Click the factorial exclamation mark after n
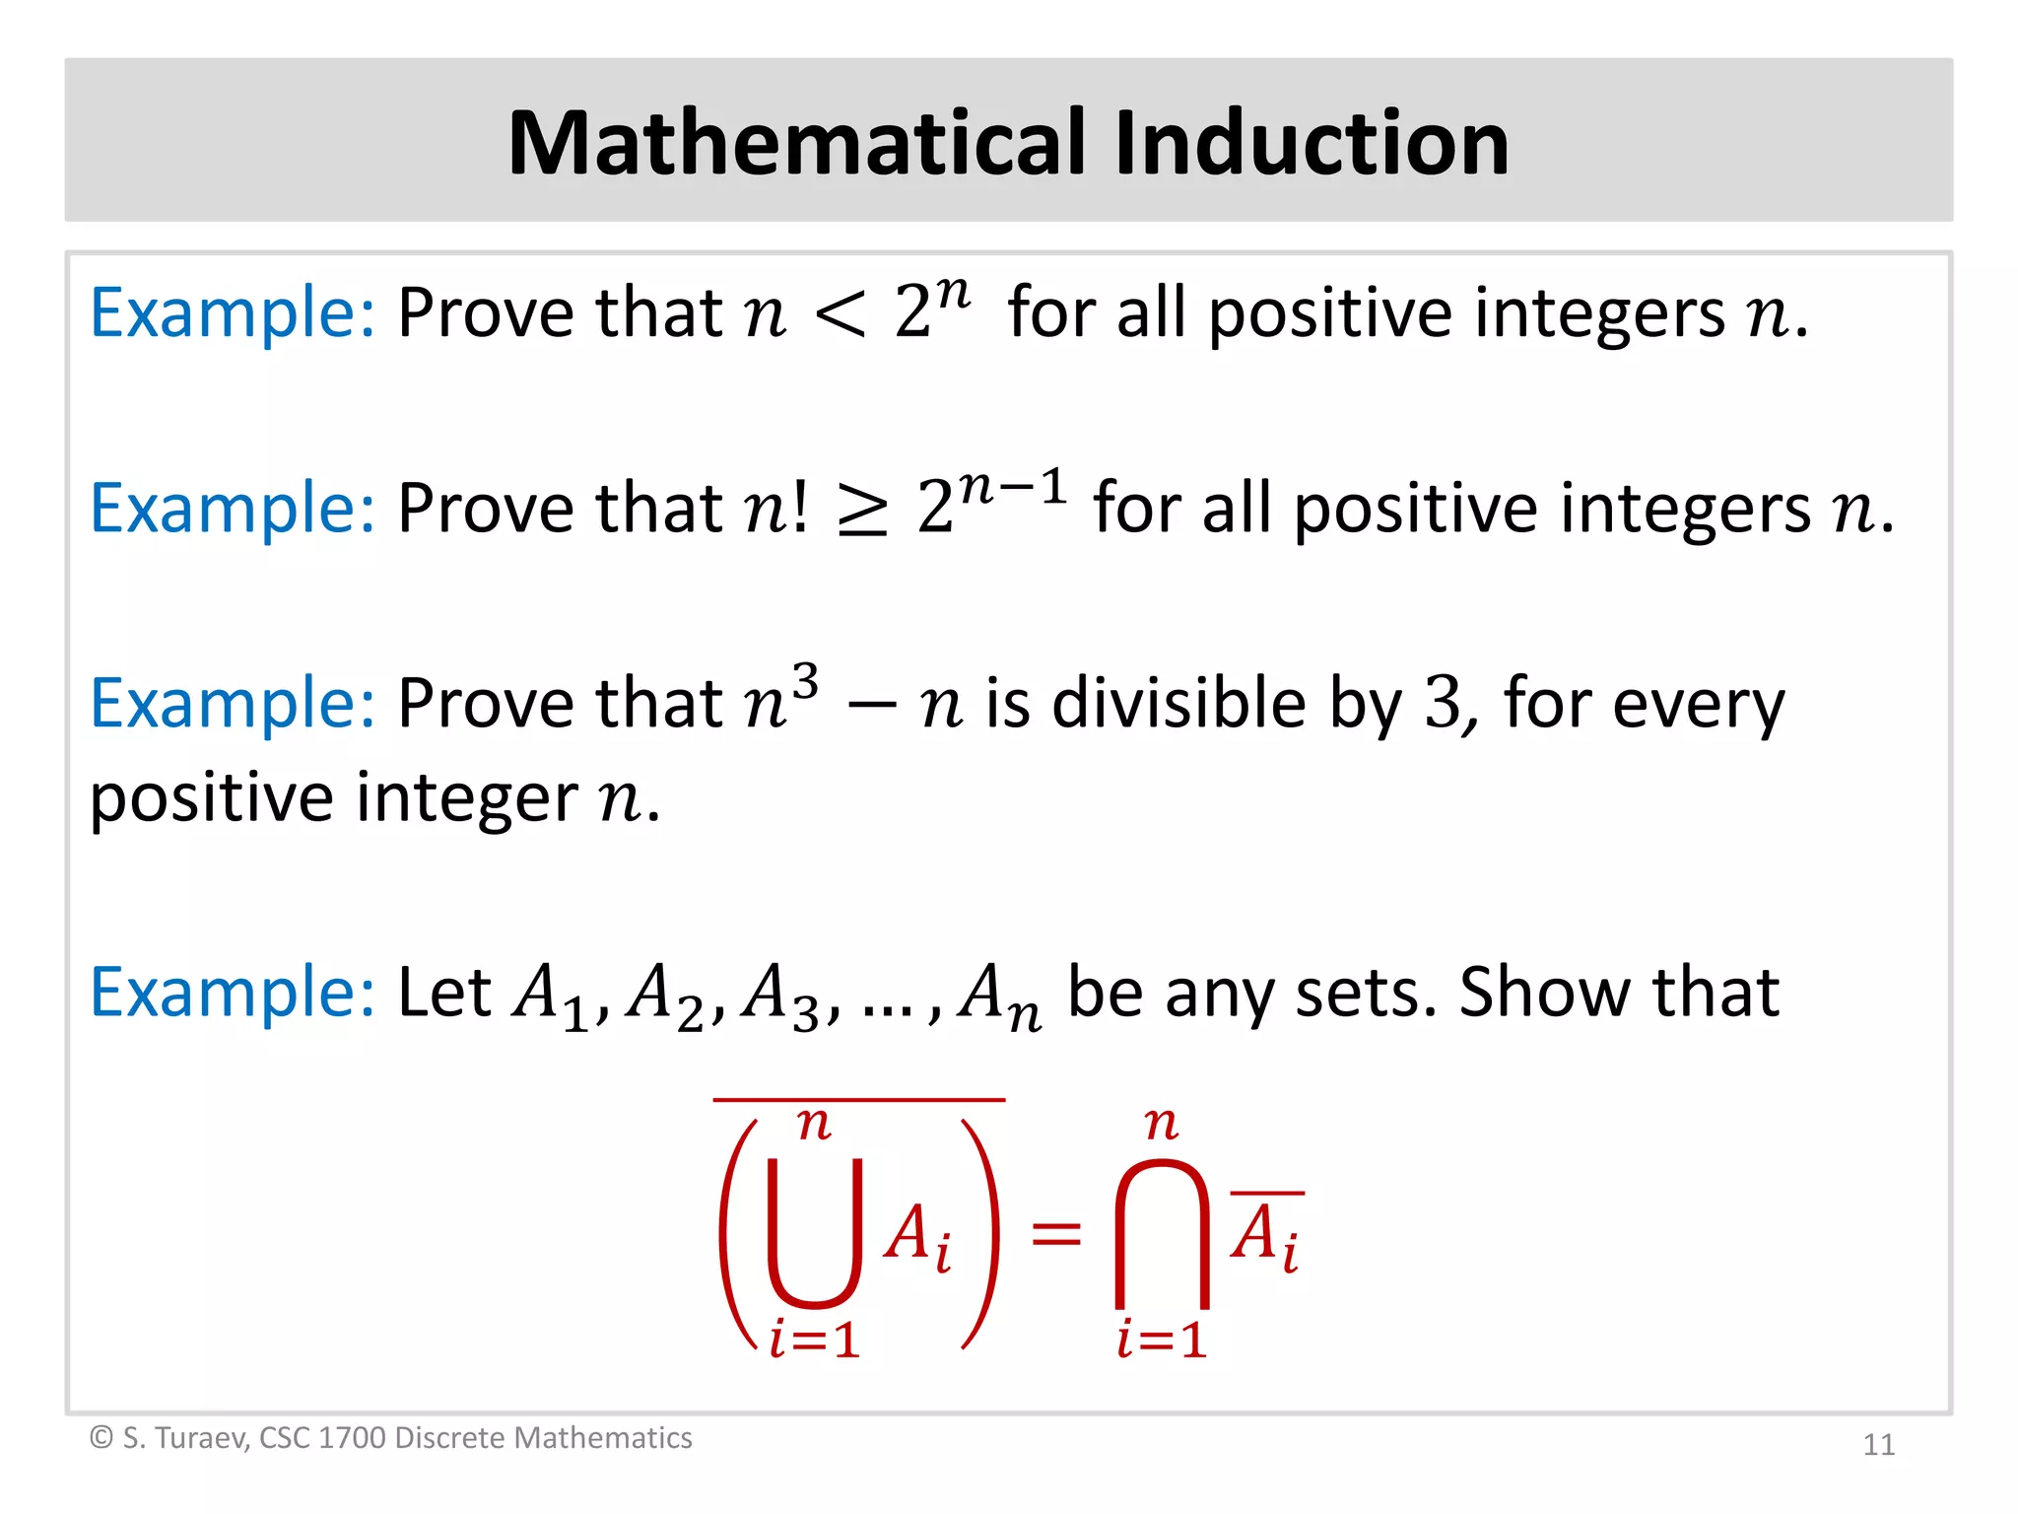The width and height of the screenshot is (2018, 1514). pyautogui.click(x=799, y=508)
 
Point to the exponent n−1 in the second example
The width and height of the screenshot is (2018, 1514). pyautogui.click(x=1013, y=487)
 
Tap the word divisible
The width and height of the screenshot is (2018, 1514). pyautogui.click(x=1178, y=704)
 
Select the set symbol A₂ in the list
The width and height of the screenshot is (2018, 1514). pyautogui.click(x=665, y=996)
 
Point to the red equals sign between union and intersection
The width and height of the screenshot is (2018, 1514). pyautogui.click(x=1055, y=1233)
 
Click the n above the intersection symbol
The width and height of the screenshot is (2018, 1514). pyautogui.click(x=1162, y=1123)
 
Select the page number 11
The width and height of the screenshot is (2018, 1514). pyautogui.click(x=1878, y=1445)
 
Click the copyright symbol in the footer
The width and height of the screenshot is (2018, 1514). pyautogui.click(x=101, y=1438)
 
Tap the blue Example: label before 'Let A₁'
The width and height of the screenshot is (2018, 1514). pyautogui.click(x=233, y=992)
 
